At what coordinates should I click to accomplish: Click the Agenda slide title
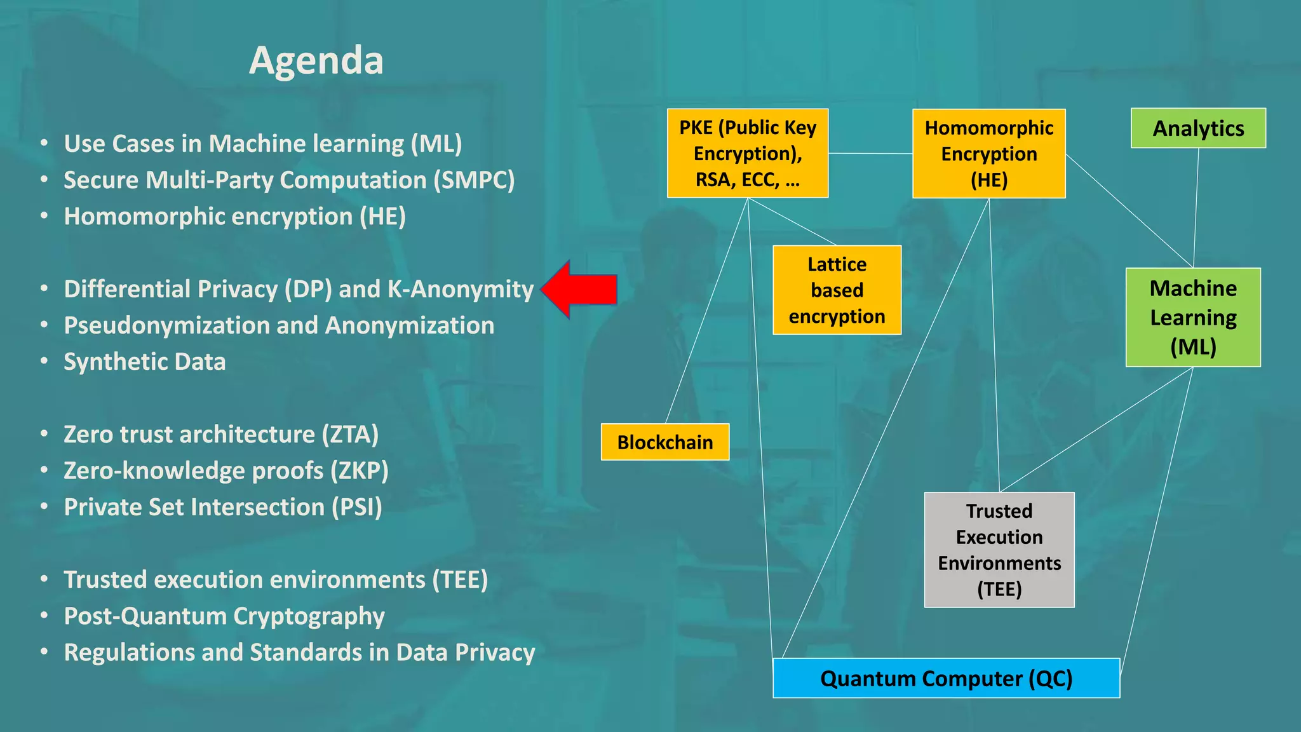(316, 61)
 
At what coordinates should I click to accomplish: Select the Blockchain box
(664, 442)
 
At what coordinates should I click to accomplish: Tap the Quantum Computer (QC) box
(946, 679)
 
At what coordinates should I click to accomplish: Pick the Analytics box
(1198, 128)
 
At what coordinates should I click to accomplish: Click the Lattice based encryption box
(837, 290)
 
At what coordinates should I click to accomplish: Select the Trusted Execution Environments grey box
(999, 550)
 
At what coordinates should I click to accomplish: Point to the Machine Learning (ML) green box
(1193, 318)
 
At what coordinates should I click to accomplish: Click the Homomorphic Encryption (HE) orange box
(988, 154)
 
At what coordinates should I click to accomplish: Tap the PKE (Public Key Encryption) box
(747, 154)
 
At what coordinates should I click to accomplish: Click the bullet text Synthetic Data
(145, 362)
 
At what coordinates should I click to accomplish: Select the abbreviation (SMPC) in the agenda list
(474, 180)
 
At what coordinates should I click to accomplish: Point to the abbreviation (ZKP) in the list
(359, 471)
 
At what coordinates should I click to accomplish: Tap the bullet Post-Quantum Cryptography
(224, 616)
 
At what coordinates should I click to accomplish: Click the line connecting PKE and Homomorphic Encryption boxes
(870, 153)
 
